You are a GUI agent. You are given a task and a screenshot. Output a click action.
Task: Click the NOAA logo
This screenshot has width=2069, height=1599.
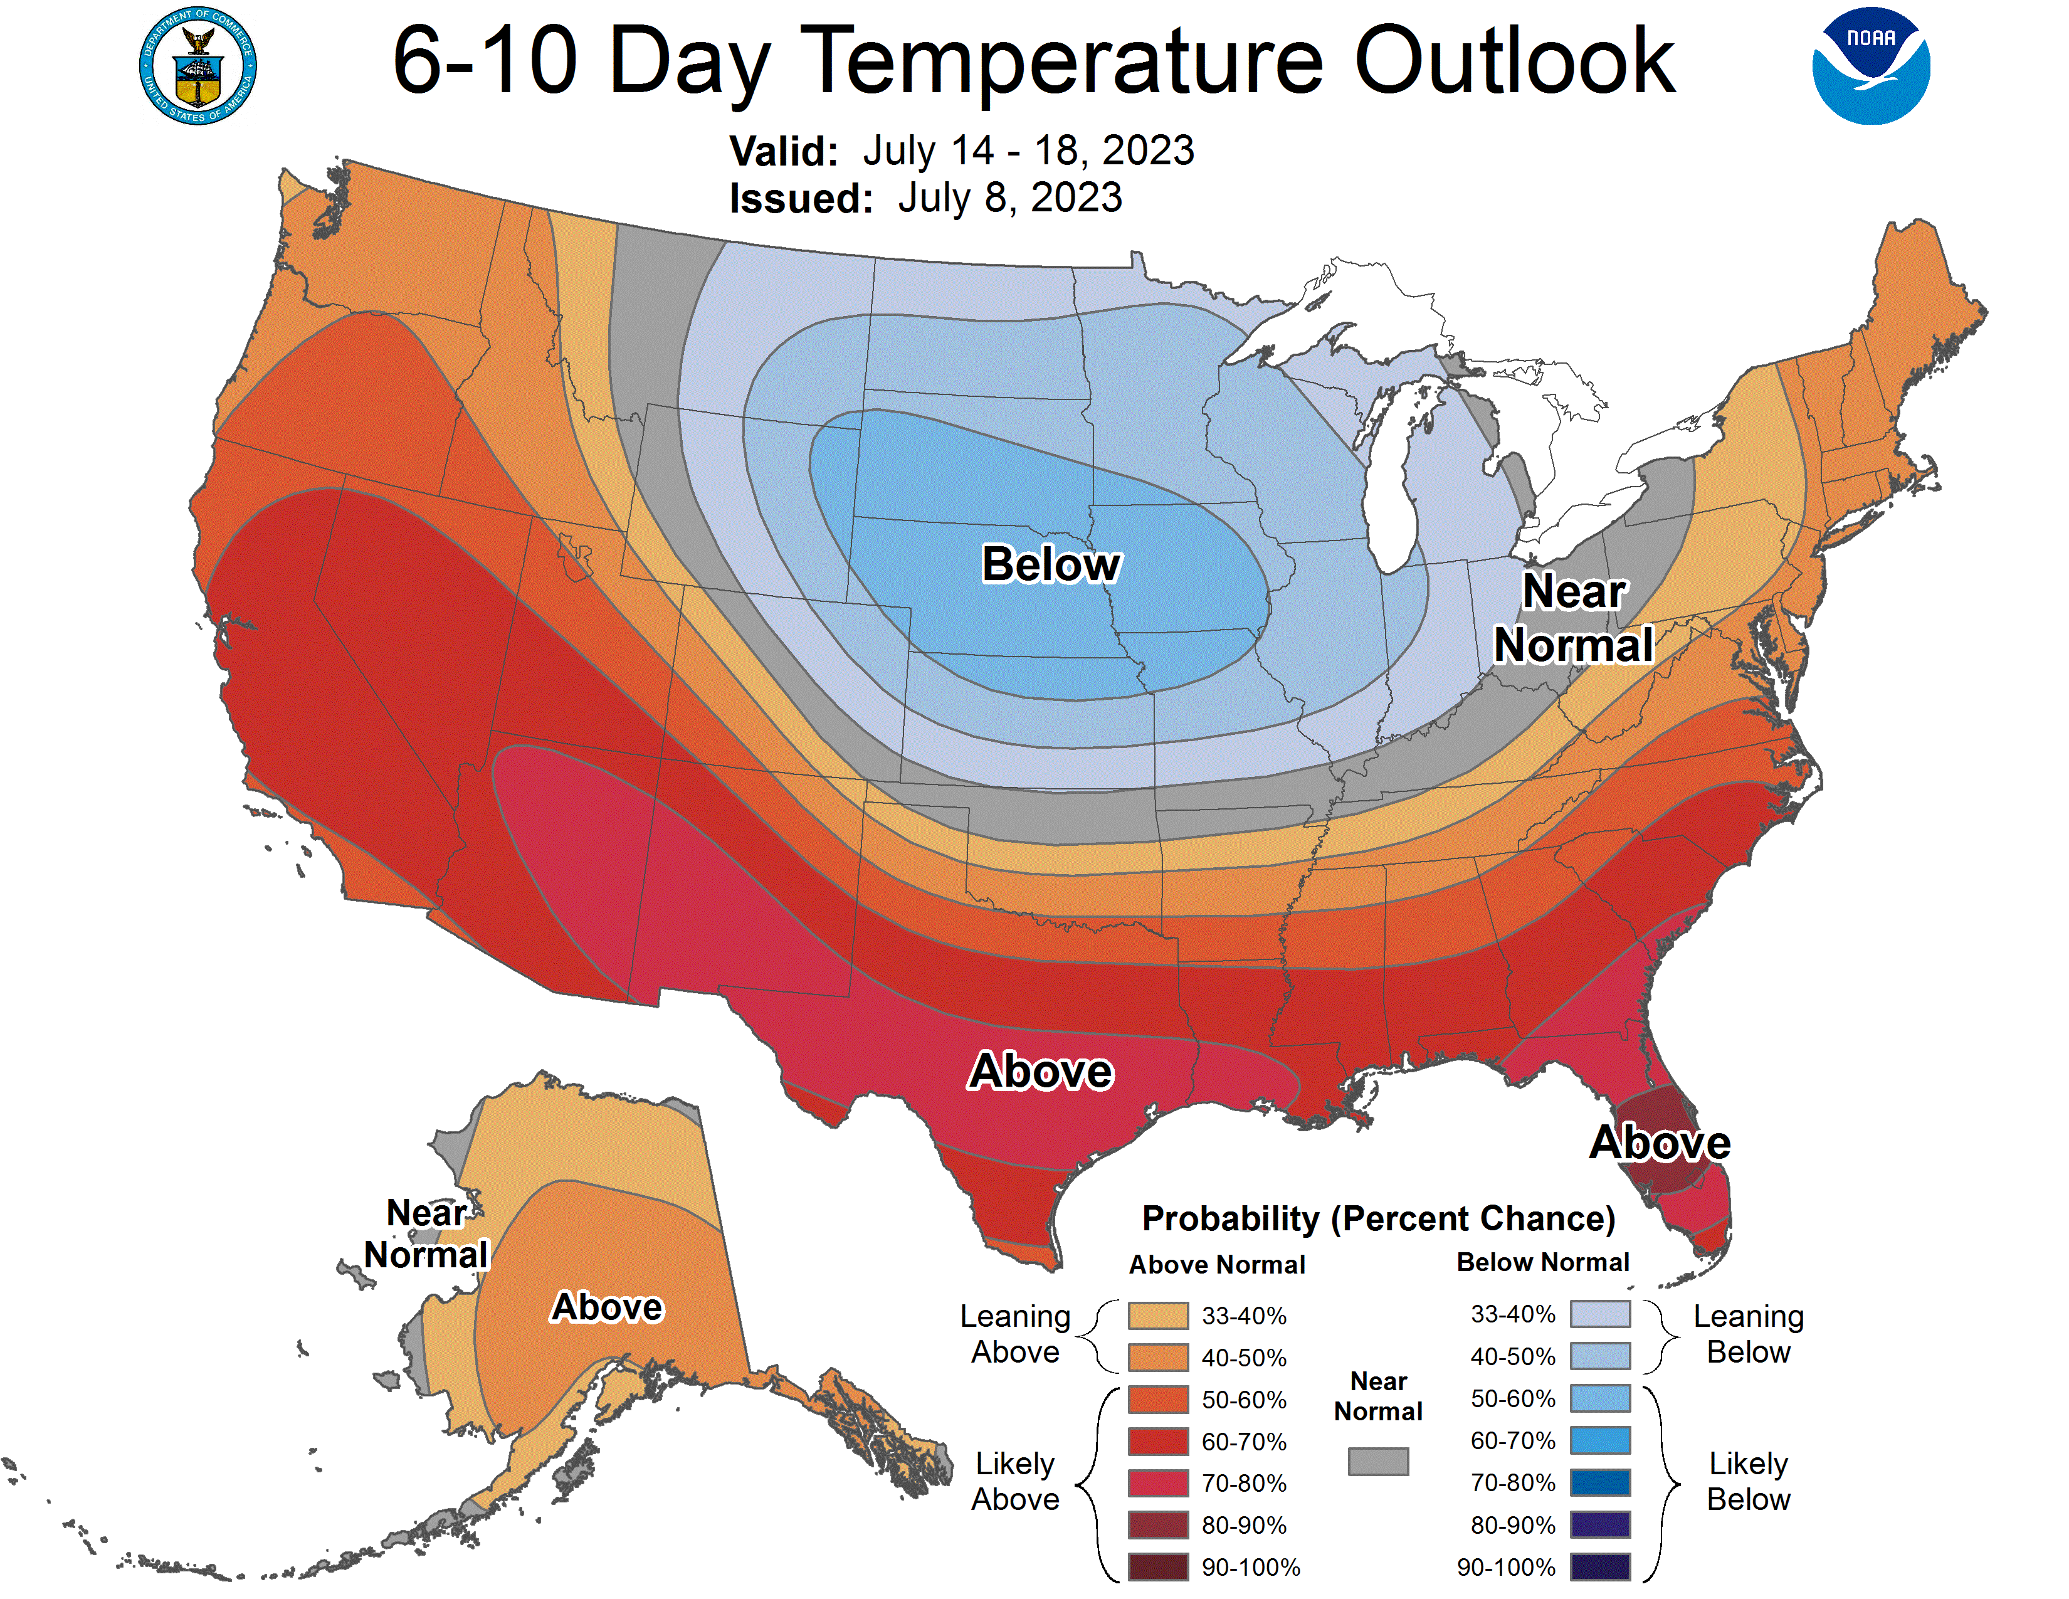1870,66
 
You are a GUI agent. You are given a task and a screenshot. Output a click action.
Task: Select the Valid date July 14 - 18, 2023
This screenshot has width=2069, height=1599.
1028,150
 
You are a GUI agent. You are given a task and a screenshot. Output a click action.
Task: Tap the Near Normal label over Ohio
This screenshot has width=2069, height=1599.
1574,618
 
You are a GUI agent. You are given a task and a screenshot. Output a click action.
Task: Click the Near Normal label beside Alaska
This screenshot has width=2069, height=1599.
426,1233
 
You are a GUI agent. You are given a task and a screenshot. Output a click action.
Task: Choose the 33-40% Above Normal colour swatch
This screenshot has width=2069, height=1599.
1157,1315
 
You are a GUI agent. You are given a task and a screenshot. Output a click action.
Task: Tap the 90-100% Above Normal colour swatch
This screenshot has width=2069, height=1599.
1157,1567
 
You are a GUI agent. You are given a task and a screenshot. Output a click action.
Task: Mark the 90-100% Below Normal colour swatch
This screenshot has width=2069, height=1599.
1600,1567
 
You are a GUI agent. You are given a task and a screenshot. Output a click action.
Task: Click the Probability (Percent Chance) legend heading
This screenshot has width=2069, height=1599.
1378,1218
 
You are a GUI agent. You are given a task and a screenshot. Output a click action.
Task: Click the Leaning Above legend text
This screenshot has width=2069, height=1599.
1014,1334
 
